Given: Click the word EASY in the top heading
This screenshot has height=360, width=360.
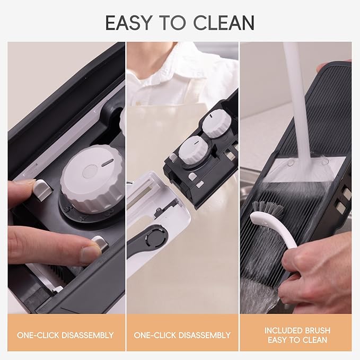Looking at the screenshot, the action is [x=128, y=23].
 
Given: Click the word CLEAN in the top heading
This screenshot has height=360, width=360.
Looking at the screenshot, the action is [x=224, y=23].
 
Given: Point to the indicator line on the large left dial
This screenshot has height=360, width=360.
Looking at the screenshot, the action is [x=108, y=163].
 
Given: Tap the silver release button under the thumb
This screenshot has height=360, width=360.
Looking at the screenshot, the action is [x=100, y=243].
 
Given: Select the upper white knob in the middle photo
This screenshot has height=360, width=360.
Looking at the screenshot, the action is [x=217, y=124].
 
